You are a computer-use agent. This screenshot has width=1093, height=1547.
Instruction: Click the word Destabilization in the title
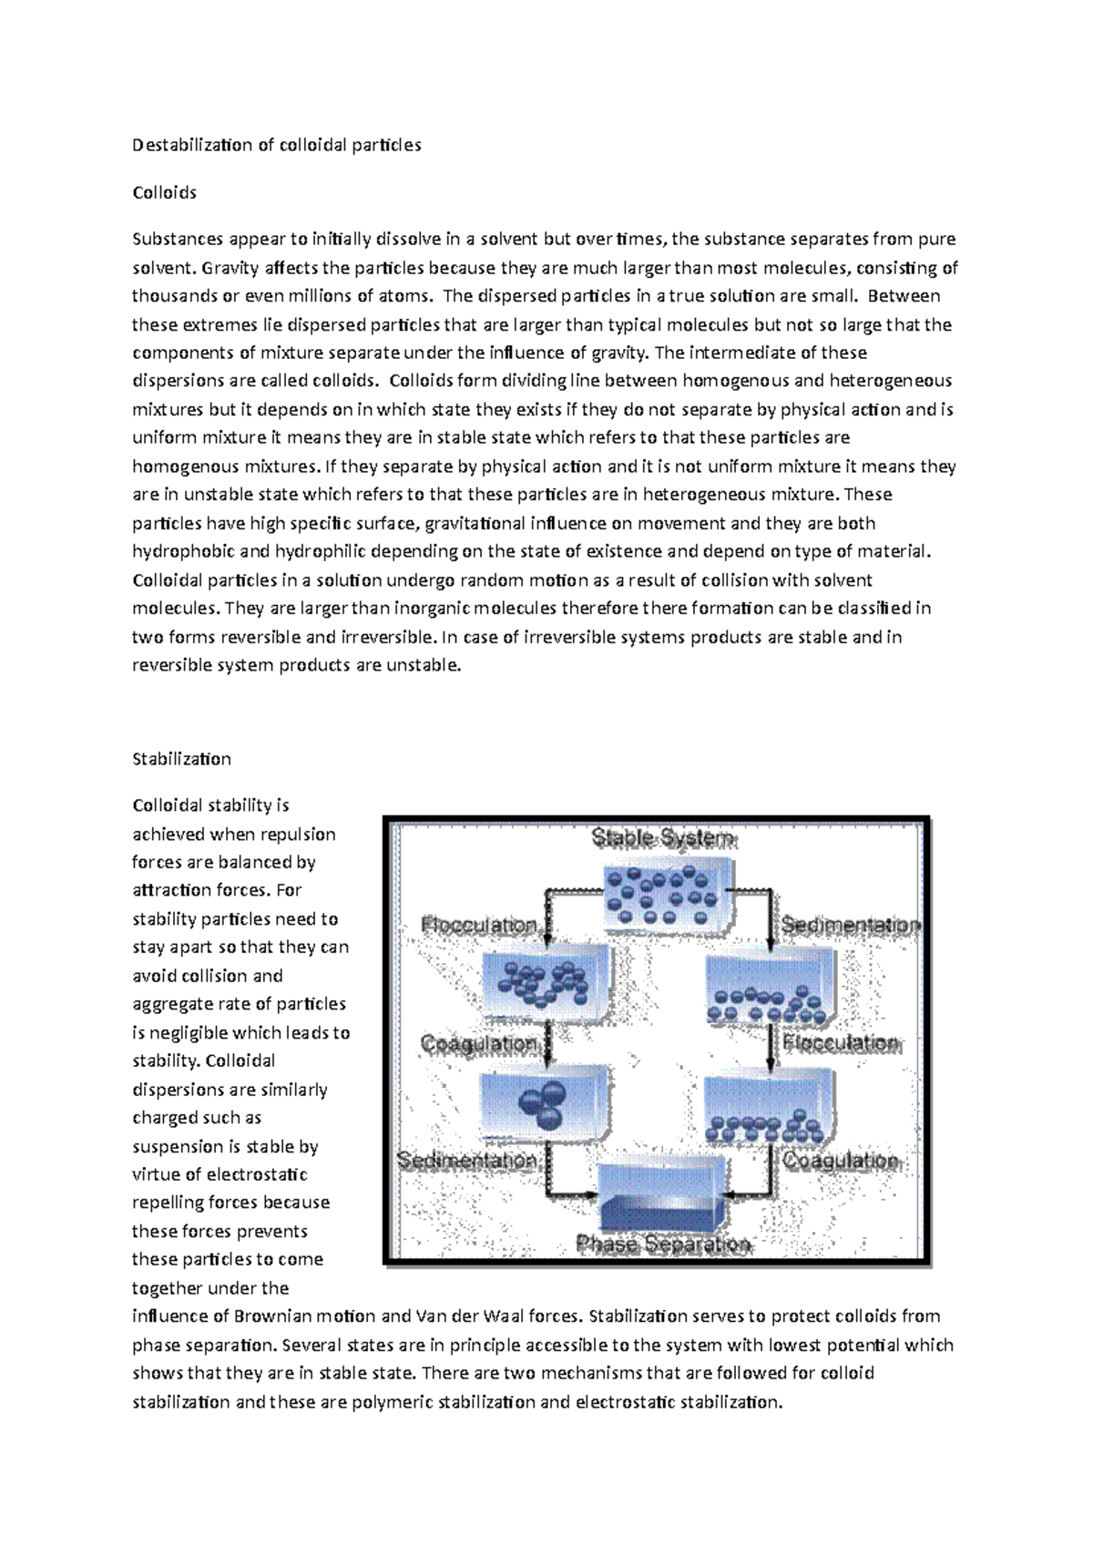192,145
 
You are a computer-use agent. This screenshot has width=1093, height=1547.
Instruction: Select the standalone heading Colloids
164,192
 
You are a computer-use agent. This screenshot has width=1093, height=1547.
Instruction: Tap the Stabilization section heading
181,759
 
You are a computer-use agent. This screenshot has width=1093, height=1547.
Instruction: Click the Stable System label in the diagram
663,838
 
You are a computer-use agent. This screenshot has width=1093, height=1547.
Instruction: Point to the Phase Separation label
663,1244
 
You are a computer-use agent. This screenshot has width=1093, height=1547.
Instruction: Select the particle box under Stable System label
669,896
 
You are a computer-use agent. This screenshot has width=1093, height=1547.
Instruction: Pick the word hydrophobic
182,551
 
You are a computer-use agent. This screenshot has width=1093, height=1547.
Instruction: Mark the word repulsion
294,835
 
